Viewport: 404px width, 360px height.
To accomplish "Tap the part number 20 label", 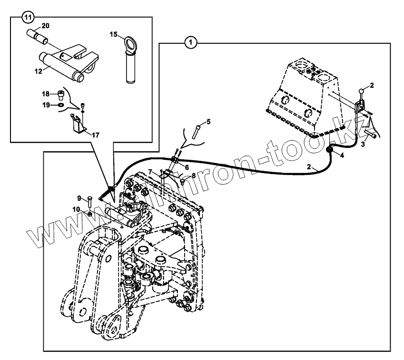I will tap(46, 25).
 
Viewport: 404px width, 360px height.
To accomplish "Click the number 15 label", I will tap(113, 34).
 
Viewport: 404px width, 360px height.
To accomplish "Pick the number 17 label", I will tap(96, 135).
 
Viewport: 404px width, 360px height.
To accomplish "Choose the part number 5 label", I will tap(207, 122).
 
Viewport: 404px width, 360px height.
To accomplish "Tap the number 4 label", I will tap(342, 155).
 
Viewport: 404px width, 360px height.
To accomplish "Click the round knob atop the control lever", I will tap(362, 91).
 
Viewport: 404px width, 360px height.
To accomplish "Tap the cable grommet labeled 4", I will tap(328, 151).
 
